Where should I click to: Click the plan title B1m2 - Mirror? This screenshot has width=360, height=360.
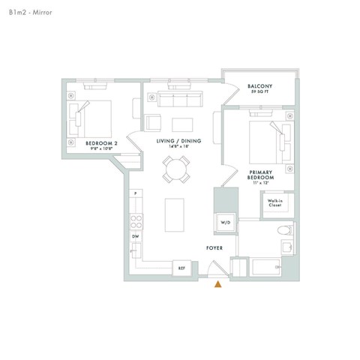pos(28,13)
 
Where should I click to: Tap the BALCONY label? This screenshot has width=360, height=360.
pos(259,86)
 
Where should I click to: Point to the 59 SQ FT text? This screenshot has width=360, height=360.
pos(259,93)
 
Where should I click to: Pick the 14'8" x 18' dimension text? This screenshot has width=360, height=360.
pos(175,147)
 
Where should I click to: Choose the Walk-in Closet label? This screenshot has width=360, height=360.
pos(274,202)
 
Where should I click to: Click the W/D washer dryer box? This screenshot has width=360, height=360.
pos(225,223)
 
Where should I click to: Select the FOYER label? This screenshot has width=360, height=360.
pos(215,247)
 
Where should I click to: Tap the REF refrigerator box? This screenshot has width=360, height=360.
pos(181,268)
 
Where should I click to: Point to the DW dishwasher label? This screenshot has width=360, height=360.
pos(136,237)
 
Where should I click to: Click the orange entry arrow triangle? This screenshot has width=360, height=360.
pos(218,283)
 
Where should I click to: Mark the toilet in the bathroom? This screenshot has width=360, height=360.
pos(283,231)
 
